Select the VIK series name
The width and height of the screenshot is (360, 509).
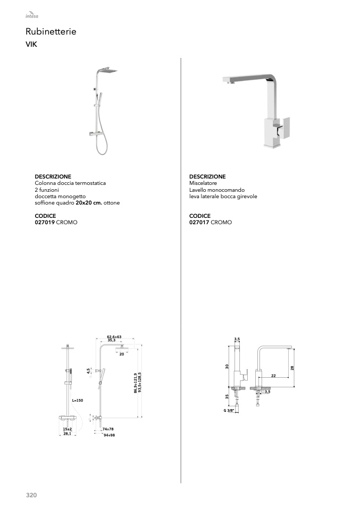(x=31, y=45)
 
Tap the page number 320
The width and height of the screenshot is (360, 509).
(x=31, y=495)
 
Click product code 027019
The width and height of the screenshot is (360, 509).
(x=45, y=223)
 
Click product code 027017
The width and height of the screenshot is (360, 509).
(x=199, y=223)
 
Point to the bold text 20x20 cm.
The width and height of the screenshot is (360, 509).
(x=89, y=203)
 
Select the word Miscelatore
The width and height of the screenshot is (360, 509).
(x=203, y=183)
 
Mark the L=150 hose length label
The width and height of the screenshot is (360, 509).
(x=78, y=400)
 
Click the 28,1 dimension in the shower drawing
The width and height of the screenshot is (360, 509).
(x=68, y=434)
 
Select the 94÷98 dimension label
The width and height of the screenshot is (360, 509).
(x=109, y=435)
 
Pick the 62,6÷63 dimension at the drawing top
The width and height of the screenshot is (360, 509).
(x=114, y=337)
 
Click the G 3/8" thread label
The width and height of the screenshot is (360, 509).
(x=229, y=411)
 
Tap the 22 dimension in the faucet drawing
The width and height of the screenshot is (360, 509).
(x=273, y=375)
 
